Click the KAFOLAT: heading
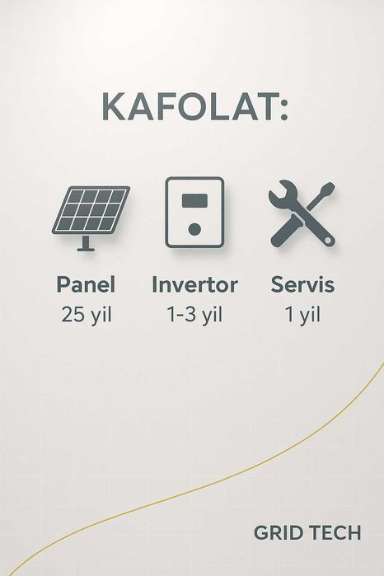tap(194, 107)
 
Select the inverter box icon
tap(194, 212)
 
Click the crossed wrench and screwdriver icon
tap(302, 213)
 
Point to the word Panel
tap(86, 285)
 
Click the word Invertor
tap(194, 285)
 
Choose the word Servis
tap(302, 285)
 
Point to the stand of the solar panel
tap(83, 243)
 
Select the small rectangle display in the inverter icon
tap(194, 199)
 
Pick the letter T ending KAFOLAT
tap(265, 107)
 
